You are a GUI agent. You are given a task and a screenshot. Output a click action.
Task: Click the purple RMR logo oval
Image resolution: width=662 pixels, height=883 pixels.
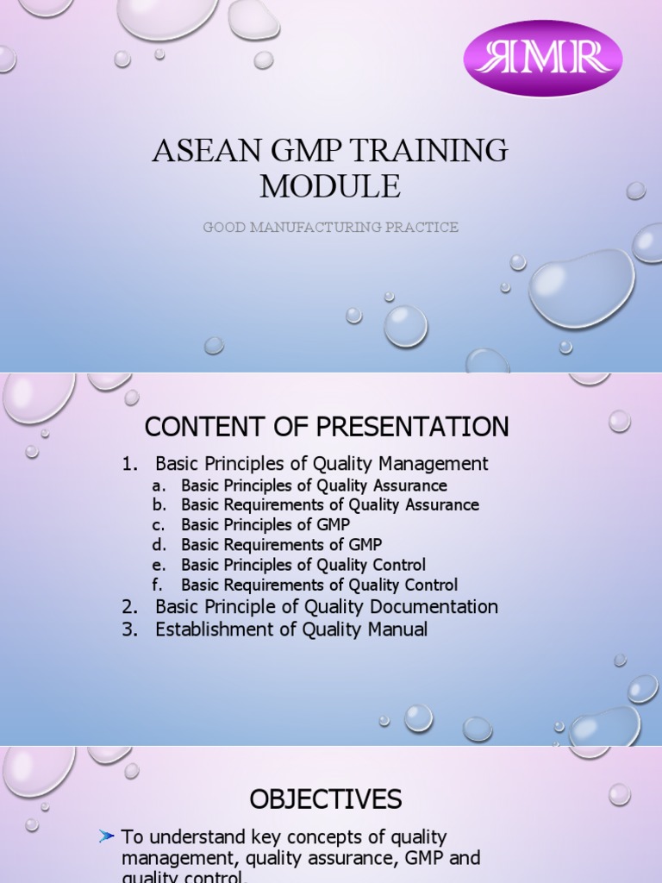point(543,58)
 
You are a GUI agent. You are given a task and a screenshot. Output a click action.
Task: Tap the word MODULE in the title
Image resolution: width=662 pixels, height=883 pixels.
point(330,186)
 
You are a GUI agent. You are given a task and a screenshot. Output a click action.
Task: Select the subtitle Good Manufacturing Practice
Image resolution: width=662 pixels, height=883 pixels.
point(330,228)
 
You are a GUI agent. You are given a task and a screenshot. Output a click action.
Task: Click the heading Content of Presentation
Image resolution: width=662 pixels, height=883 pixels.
point(327,427)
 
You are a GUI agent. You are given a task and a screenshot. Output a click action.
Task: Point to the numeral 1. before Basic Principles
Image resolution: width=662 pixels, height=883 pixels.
point(130,464)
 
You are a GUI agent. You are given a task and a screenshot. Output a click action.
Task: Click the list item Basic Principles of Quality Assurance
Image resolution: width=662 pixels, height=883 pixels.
point(314,485)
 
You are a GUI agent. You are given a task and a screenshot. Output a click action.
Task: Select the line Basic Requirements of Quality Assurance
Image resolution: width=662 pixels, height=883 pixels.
point(330,505)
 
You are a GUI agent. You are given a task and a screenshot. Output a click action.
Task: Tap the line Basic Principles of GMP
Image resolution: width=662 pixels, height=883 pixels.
point(265,525)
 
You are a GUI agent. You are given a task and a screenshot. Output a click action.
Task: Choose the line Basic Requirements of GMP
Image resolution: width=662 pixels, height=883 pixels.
point(281,545)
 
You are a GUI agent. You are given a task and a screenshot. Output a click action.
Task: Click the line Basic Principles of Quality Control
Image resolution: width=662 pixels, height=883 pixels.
point(303,565)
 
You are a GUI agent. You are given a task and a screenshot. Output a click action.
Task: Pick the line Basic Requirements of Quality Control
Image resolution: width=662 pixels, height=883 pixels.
point(319,586)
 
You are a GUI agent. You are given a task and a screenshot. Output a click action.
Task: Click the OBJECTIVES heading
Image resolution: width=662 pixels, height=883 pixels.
point(326,800)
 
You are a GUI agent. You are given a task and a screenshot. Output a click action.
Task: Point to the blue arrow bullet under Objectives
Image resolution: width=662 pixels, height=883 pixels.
point(107,836)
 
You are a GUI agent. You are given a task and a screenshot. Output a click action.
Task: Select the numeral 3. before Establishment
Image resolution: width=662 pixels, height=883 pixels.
point(130,629)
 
